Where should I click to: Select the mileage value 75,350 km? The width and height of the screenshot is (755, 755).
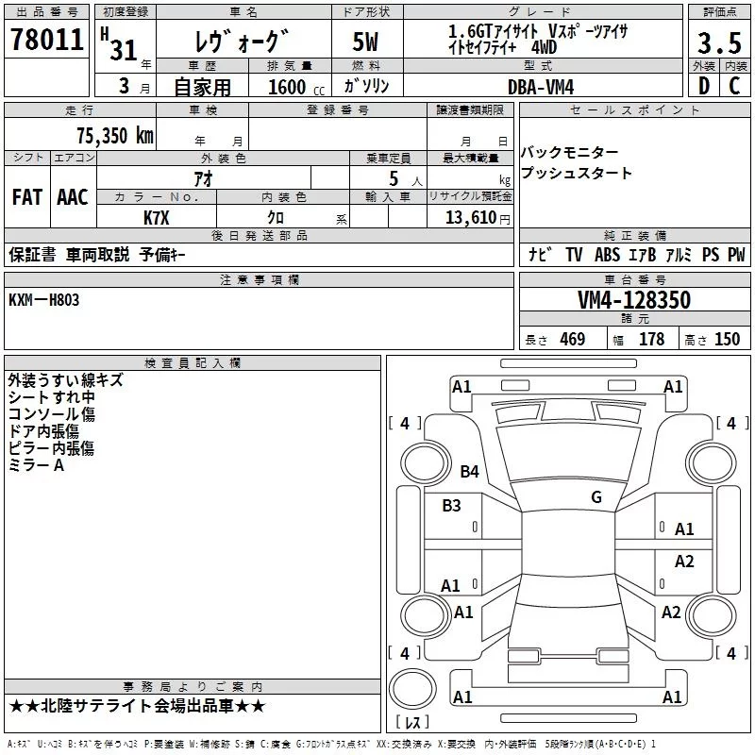pyautogui.click(x=114, y=136)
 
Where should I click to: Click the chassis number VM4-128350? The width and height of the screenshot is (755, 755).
pyautogui.click(x=634, y=300)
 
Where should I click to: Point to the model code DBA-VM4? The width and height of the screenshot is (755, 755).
pyautogui.click(x=541, y=86)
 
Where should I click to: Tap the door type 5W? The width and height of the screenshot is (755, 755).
pyautogui.click(x=366, y=43)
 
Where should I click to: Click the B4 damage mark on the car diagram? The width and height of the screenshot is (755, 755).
pyautogui.click(x=469, y=471)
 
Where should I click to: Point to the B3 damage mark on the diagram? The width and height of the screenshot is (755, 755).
pyautogui.click(x=451, y=506)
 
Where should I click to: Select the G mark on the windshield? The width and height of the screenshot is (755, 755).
pyautogui.click(x=596, y=497)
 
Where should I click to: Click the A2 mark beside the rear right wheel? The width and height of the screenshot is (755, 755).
pyautogui.click(x=671, y=612)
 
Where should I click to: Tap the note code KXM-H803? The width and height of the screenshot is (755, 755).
pyautogui.click(x=44, y=299)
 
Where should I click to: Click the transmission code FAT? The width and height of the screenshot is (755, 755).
pyautogui.click(x=26, y=197)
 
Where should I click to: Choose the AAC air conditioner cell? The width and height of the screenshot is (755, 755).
pyautogui.click(x=72, y=197)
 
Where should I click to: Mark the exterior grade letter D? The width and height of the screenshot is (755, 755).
pyautogui.click(x=703, y=86)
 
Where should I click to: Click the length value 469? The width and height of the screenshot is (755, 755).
pyautogui.click(x=572, y=340)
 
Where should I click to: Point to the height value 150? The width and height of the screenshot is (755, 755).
pyautogui.click(x=727, y=340)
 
